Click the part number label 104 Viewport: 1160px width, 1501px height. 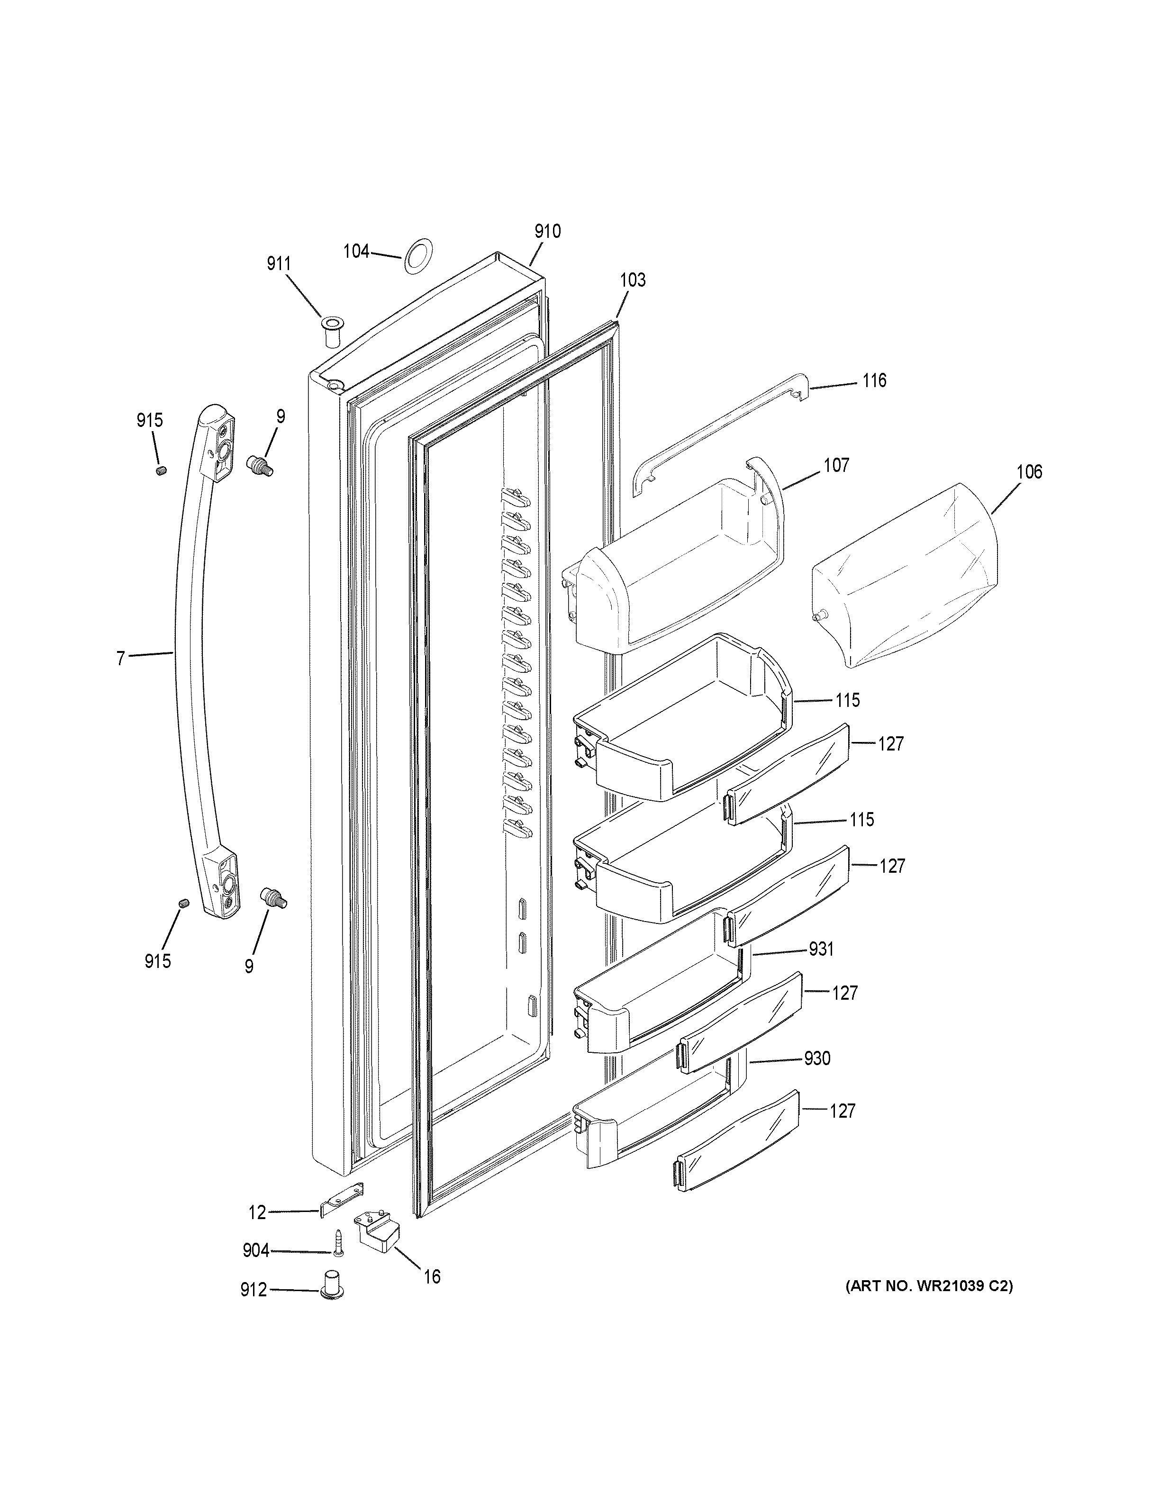pos(356,252)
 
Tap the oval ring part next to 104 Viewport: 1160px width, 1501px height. pos(417,256)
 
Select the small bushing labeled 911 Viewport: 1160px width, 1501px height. pos(331,332)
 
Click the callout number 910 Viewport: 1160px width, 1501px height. pos(548,232)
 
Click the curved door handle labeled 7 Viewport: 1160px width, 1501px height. pos(187,660)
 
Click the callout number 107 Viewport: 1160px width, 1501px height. pos(836,465)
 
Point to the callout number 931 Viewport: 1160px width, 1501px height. pos(821,949)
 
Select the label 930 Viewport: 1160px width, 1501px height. pos(817,1058)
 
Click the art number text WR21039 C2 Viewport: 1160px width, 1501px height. pos(928,1286)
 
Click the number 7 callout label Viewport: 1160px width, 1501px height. pos(121,659)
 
